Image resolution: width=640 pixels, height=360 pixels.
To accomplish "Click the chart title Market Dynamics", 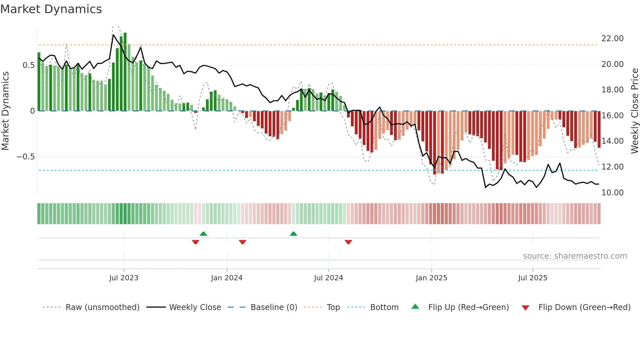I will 51,9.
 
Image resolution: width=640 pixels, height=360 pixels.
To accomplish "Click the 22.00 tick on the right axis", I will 612,39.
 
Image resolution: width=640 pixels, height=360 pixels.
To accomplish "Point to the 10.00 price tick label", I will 612,193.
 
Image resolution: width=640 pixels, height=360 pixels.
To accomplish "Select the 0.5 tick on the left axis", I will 28,65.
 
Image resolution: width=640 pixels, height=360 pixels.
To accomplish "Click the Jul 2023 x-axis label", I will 124,278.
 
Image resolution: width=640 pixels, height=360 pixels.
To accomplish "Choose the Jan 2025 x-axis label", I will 431,278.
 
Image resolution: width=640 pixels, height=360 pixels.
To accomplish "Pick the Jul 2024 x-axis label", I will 328,278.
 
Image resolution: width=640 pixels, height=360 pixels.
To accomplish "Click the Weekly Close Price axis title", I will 634,111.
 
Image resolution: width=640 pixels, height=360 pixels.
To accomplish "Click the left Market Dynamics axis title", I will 5,111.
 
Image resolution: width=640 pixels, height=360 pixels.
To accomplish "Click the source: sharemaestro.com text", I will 575,256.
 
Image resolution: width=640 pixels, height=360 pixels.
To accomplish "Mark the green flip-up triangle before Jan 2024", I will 203,234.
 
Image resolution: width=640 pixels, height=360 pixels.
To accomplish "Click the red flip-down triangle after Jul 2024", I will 348,242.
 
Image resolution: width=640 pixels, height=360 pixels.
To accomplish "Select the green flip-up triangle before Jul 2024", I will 294,234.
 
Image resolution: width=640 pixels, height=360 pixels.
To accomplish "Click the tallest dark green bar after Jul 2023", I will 125,72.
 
